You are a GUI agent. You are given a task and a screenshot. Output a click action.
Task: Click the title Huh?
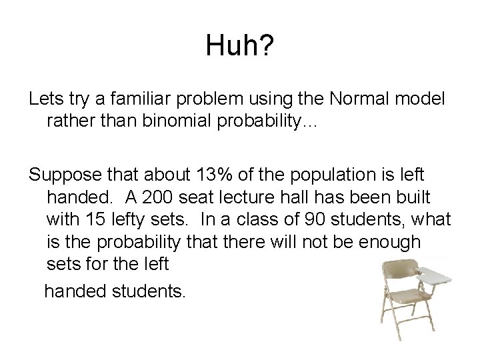(x=240, y=47)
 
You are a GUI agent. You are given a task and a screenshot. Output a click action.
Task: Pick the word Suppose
(x=66, y=177)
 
